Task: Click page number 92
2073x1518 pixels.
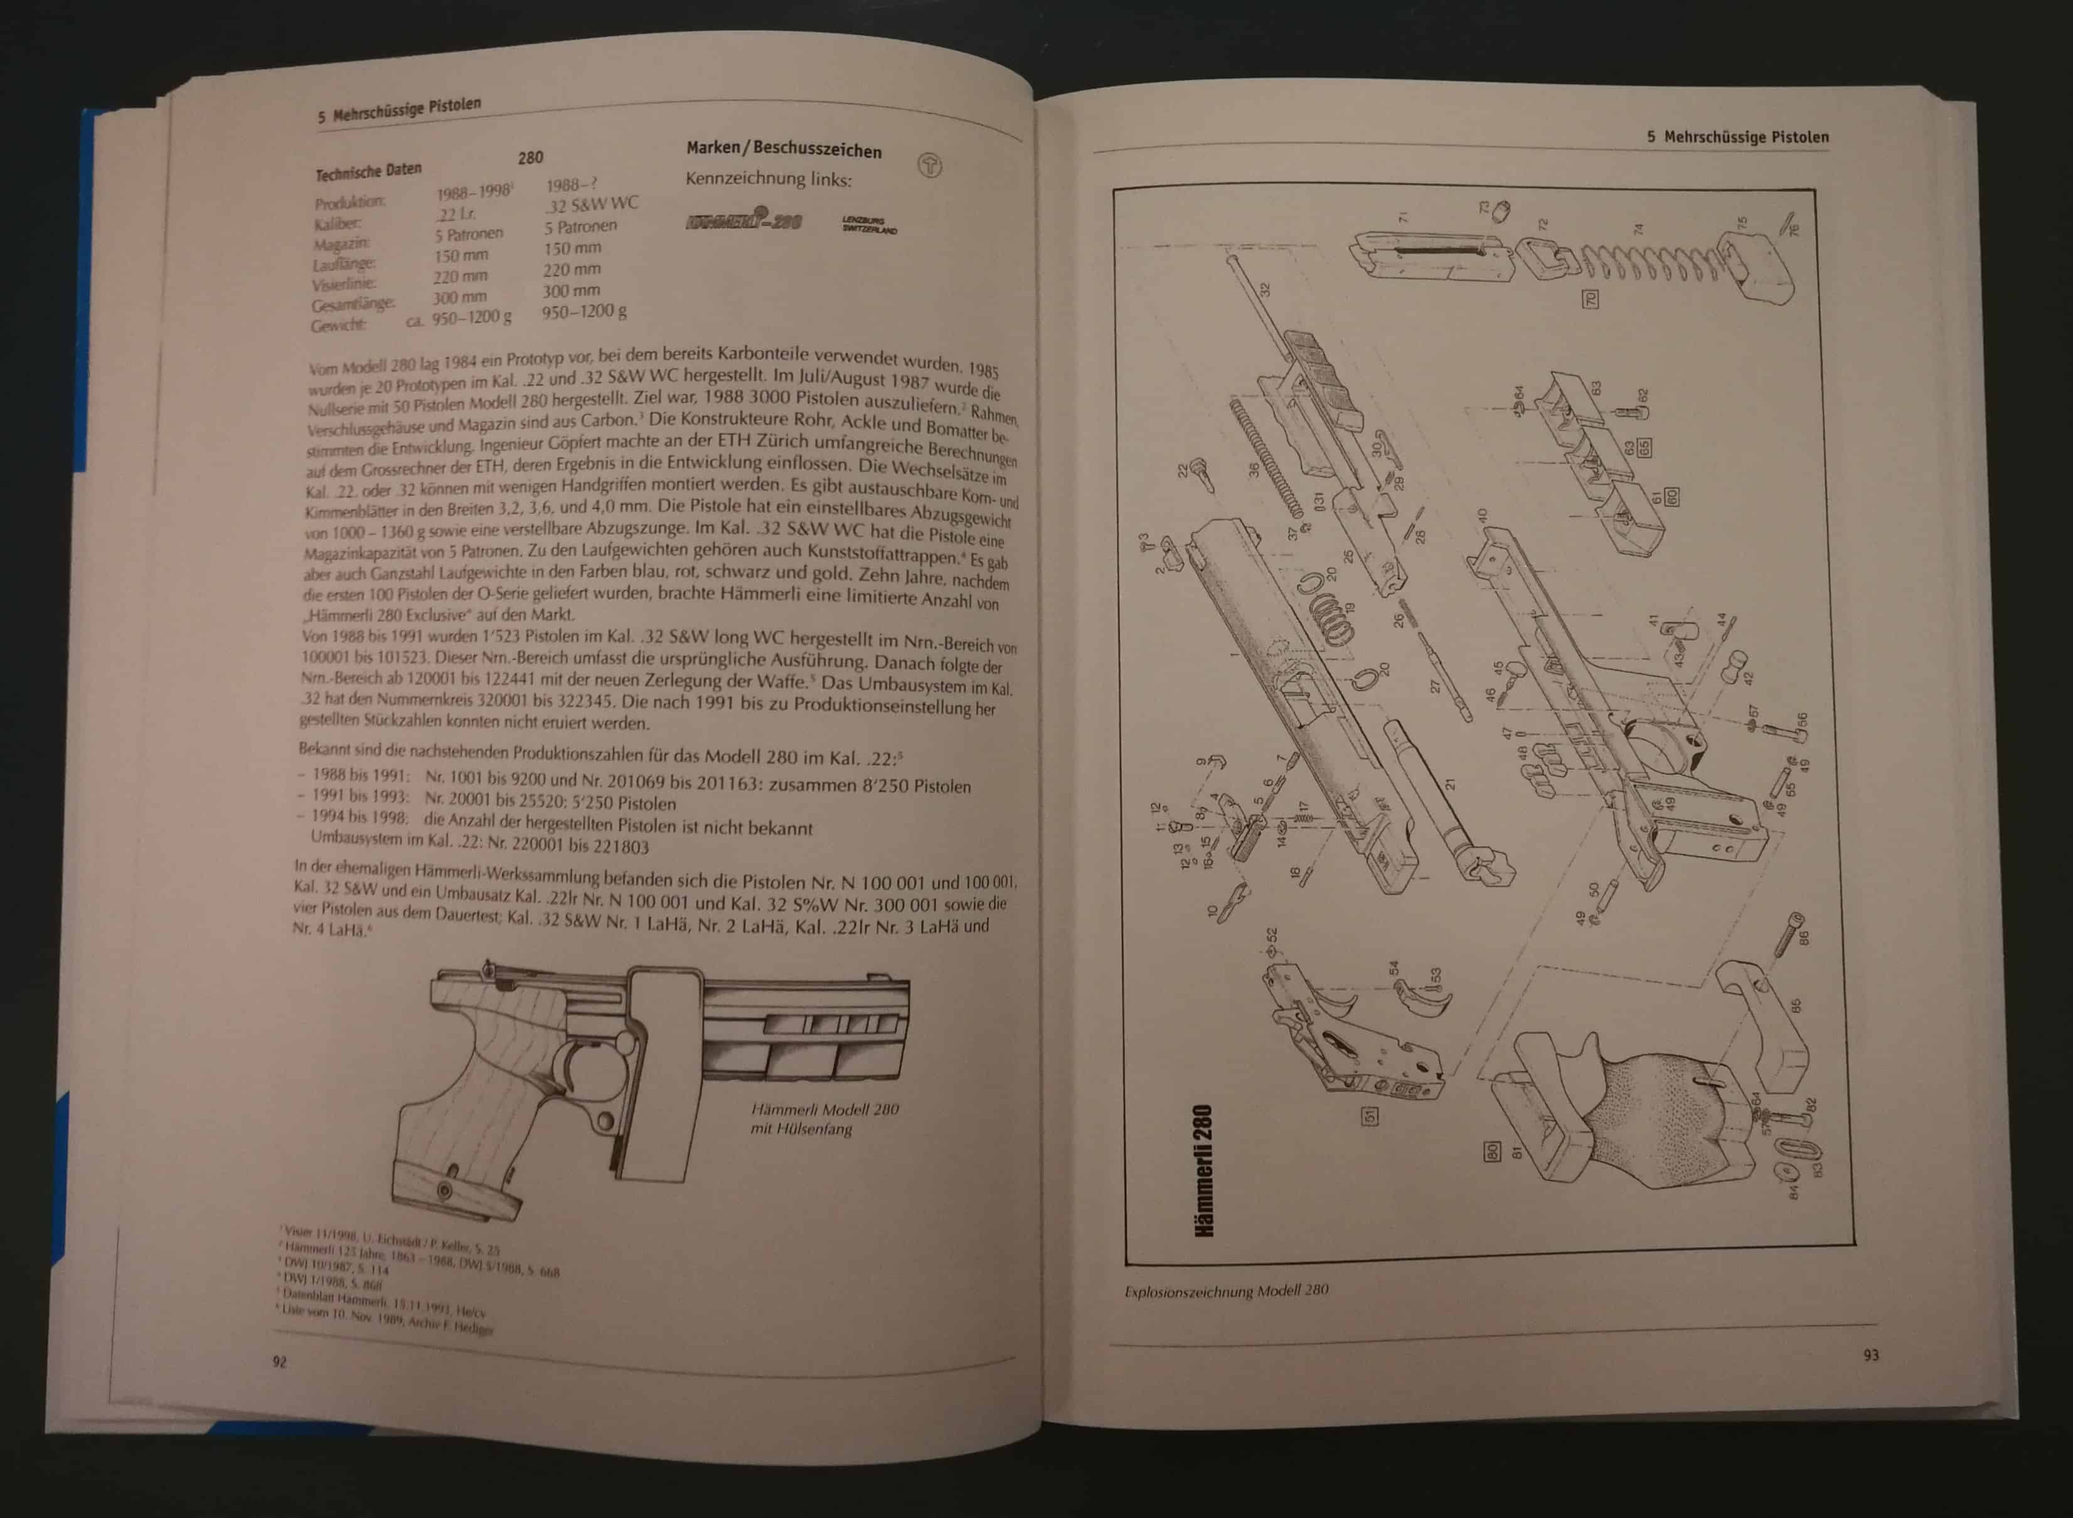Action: point(279,1361)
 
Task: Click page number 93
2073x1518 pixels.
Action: point(1871,1354)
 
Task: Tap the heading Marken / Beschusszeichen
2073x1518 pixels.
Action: point(784,150)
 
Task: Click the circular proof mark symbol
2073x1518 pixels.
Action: point(930,166)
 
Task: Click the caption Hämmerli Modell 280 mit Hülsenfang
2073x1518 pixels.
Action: point(824,1118)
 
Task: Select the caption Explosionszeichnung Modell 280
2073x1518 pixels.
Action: point(1226,1290)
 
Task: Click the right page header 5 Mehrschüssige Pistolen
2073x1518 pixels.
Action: point(1737,137)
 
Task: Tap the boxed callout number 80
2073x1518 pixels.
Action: point(1492,1150)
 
